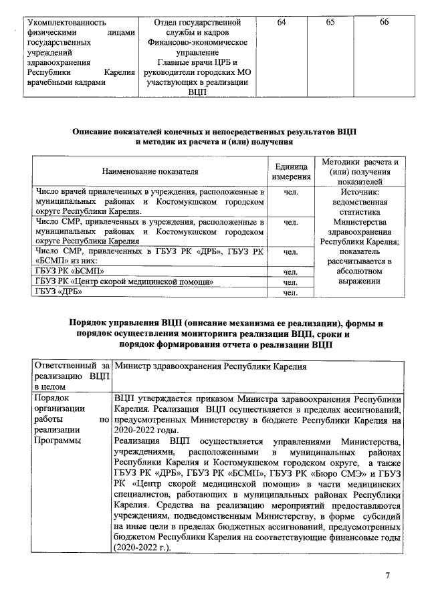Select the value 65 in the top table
pos(331,23)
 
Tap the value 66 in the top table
pos(384,23)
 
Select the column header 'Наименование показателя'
pos(150,172)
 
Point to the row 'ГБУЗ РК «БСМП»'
pos(70,271)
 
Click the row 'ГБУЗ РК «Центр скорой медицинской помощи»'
pos(124,281)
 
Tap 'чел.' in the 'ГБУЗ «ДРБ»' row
pos(290,292)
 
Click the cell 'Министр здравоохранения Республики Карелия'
pos(211,367)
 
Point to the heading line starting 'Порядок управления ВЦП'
pos(227,323)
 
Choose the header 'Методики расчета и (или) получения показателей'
pos(360,172)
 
